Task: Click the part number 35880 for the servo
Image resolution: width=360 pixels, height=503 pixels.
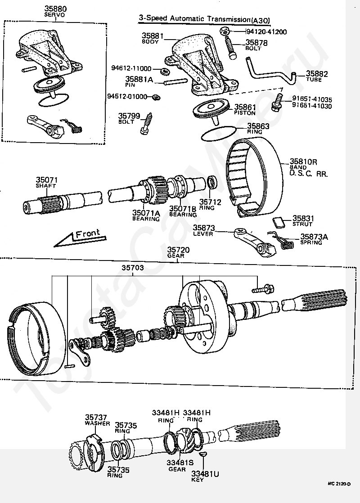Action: tap(55, 8)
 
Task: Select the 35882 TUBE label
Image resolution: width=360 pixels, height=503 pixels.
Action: tap(317, 77)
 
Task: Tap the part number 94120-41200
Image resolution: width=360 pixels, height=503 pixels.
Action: tap(266, 32)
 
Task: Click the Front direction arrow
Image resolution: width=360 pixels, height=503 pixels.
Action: tap(76, 238)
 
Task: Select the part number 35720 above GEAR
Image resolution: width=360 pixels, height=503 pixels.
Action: tap(178, 250)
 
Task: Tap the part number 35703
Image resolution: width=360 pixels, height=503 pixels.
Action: tap(133, 268)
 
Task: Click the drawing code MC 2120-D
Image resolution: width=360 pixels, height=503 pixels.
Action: tap(339, 484)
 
